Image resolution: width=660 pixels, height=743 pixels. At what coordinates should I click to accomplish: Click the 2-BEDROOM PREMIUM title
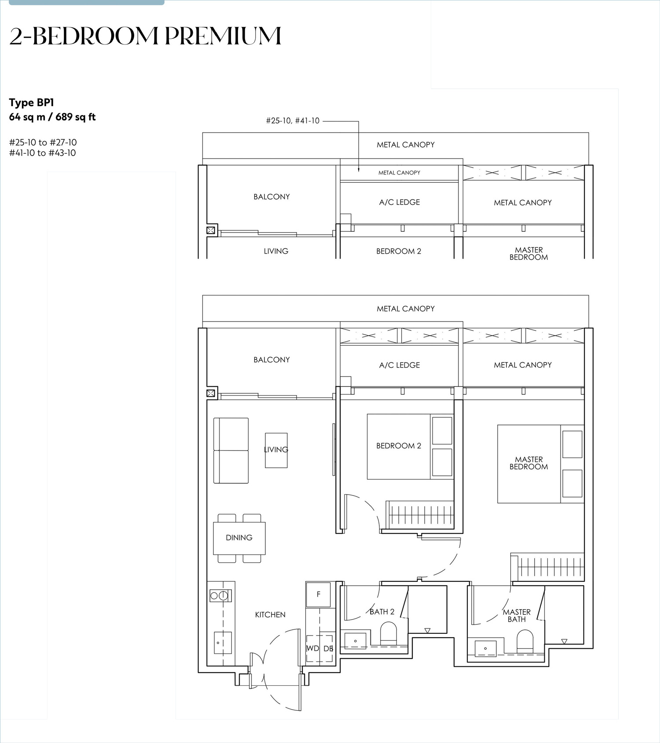(145, 36)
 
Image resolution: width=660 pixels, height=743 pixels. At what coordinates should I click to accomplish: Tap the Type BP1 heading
(31, 103)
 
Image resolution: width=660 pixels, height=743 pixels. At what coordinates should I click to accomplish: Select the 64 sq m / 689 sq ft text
(52, 117)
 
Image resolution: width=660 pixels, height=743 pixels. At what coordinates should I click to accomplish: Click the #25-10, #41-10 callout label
(293, 121)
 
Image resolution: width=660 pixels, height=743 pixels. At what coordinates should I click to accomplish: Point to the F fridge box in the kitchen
(319, 594)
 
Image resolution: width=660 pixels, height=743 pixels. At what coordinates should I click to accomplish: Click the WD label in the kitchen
(312, 648)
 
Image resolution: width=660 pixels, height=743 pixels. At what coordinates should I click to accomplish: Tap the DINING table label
(239, 538)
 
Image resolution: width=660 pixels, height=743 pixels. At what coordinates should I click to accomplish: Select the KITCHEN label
(270, 615)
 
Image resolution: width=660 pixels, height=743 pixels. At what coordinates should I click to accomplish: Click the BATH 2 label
(382, 612)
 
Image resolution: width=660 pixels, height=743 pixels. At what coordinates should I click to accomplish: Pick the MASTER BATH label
(517, 616)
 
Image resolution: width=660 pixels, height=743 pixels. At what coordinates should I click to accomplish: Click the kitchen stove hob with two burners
(220, 596)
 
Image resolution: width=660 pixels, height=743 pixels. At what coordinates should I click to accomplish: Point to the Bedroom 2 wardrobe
(420, 514)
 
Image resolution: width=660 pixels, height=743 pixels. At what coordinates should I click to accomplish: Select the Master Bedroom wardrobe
(547, 565)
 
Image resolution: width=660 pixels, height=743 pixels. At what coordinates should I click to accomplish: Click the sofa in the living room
(231, 451)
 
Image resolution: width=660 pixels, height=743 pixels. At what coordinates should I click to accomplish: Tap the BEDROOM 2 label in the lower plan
(399, 446)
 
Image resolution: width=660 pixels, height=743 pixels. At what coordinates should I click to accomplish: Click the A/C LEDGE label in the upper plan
(400, 202)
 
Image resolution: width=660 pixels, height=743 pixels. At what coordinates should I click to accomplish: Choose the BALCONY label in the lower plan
(271, 360)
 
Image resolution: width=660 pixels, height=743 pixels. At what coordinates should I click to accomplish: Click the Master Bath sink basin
(486, 649)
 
